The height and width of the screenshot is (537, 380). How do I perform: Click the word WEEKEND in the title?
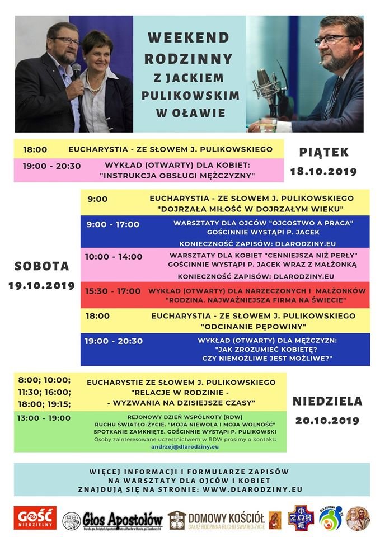pos(189,37)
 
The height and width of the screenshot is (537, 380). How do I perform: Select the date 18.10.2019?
pos(323,172)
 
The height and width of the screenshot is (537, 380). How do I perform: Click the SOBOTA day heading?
pos(42,266)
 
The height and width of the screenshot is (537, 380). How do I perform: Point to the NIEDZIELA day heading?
pos(327,401)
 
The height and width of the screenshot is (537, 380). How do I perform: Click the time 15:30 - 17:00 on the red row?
pos(113,291)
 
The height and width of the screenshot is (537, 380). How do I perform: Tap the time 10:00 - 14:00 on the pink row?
pos(114,256)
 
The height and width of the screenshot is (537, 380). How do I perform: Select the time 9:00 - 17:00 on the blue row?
pos(112,224)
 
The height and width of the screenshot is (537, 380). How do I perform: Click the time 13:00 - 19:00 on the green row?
pos(44,418)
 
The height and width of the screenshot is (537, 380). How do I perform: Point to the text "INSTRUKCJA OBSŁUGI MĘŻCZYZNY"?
pos(177,176)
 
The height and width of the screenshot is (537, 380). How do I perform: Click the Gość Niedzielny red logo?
pos(35,517)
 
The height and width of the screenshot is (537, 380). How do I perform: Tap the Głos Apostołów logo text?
pos(123,518)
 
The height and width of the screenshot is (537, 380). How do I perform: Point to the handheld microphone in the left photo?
pos(76,72)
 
